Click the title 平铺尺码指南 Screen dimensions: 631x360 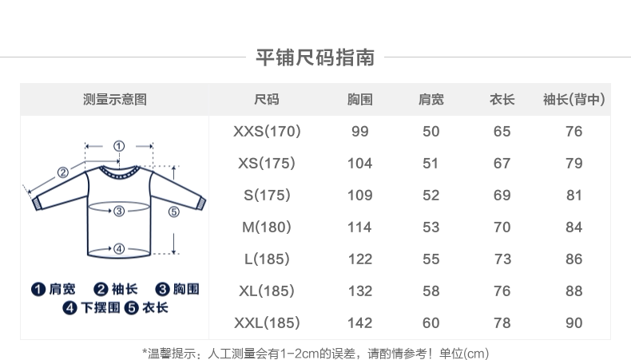[x=315, y=57]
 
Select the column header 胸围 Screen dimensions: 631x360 [x=360, y=100]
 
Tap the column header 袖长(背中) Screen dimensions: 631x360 [x=573, y=100]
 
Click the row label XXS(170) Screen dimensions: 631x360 [x=267, y=132]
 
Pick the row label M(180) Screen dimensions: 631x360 [x=267, y=227]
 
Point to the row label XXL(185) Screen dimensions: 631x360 [x=267, y=323]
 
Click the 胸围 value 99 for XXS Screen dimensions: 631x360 [x=360, y=132]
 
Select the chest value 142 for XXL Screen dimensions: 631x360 [x=360, y=323]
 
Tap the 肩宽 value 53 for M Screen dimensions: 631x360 [x=431, y=227]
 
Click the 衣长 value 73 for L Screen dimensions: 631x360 [x=502, y=259]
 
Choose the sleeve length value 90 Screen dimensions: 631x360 [x=573, y=323]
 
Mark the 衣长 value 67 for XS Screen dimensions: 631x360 [x=502, y=164]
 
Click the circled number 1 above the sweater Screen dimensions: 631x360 [x=119, y=145]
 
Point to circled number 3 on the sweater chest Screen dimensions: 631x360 [x=118, y=211]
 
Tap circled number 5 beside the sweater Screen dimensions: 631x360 [x=173, y=212]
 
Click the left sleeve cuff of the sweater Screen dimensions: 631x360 [x=36, y=204]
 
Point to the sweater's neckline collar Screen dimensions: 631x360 [x=119, y=169]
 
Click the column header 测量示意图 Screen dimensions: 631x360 [x=115, y=100]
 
